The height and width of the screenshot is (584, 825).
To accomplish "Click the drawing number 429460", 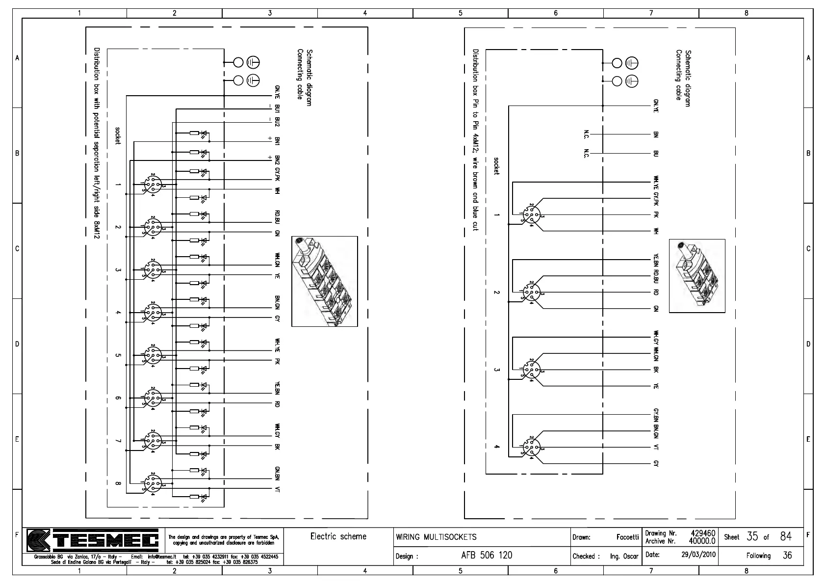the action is (703, 533).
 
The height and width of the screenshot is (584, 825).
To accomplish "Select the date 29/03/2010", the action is (698, 555).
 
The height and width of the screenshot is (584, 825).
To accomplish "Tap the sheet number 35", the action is (752, 536).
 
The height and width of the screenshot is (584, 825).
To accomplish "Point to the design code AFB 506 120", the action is (487, 555).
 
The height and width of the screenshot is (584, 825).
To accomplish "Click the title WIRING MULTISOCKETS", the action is (436, 537).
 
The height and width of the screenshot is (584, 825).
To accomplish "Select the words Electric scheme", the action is (338, 536).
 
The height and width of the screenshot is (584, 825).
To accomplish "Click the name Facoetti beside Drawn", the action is (627, 537).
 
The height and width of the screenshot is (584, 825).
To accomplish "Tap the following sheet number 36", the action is (787, 556).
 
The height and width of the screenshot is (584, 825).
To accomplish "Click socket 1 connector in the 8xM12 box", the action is (153, 185).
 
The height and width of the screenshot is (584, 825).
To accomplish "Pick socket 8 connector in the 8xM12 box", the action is (153, 483).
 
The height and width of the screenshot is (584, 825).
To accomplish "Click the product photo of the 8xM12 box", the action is (324, 281).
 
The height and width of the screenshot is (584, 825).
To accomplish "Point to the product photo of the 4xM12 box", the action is (696, 276).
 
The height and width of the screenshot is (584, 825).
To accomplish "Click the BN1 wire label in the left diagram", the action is (277, 142).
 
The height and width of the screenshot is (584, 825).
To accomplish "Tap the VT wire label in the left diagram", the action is (277, 489).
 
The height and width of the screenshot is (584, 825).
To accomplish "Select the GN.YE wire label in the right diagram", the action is (656, 106).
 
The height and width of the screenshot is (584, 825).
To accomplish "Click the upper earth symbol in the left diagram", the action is (253, 62).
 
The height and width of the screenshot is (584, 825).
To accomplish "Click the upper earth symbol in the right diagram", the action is (632, 63).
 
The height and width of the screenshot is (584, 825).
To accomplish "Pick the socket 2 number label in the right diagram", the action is (496, 292).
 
